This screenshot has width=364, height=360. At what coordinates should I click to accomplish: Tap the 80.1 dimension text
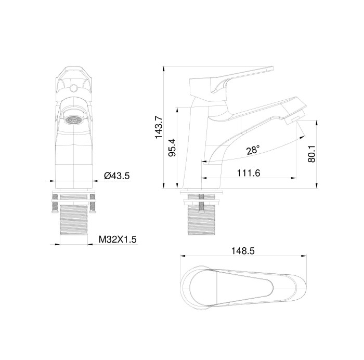[x=312, y=154]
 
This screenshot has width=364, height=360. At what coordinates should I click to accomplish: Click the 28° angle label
[x=253, y=150]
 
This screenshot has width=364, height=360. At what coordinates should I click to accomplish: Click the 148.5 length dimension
[x=243, y=250]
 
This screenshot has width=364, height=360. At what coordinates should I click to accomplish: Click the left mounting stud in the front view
[x=55, y=203]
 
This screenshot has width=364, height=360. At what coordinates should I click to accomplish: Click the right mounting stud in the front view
[x=94, y=203]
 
